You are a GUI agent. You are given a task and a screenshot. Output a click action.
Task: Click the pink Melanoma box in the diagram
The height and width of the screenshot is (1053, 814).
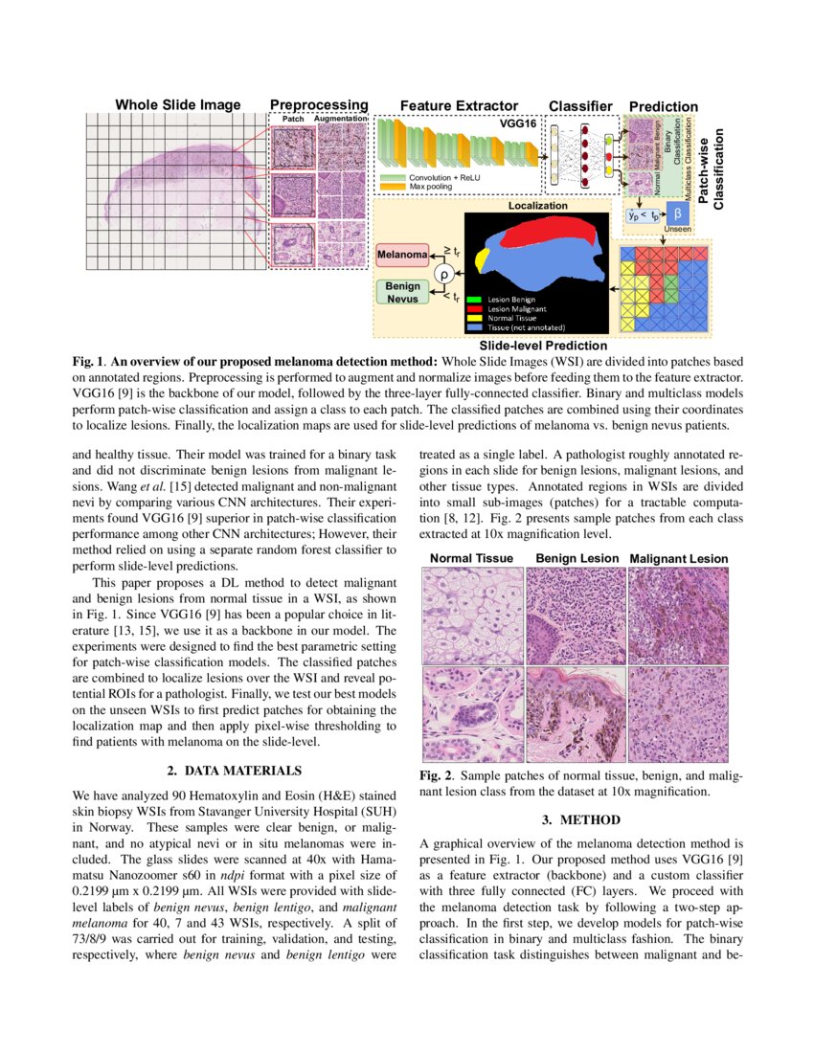(x=402, y=256)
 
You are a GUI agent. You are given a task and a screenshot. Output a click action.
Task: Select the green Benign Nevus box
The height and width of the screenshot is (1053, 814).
(x=402, y=292)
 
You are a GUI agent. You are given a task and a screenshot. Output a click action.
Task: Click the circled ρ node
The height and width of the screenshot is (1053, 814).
(x=443, y=274)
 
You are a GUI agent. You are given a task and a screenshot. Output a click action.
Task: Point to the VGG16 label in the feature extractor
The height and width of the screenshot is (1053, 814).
(x=517, y=124)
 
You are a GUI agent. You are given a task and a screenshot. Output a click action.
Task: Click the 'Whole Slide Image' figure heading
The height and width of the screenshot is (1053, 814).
(x=178, y=104)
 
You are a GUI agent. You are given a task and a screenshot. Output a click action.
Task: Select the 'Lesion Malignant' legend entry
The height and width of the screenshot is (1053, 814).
(x=516, y=309)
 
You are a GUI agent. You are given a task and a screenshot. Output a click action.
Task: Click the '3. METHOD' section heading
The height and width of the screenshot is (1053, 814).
(x=581, y=819)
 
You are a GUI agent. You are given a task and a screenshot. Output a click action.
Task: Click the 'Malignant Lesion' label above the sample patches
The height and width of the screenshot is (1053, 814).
(x=678, y=558)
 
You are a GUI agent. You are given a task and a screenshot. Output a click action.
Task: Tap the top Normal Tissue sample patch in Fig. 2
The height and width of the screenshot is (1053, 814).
(x=473, y=615)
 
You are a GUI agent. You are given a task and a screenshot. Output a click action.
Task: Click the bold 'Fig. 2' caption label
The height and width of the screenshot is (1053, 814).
(x=439, y=775)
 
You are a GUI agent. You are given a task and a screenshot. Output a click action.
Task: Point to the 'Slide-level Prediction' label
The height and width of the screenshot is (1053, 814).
(x=543, y=345)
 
